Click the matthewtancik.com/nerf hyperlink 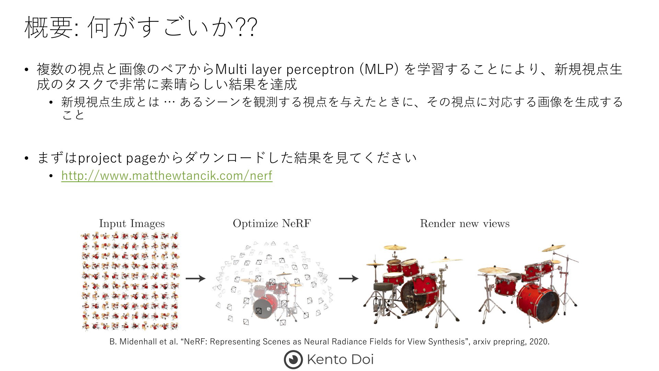click(x=167, y=176)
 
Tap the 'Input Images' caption click(x=132, y=224)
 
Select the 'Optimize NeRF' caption click(x=272, y=224)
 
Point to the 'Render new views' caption click(x=465, y=224)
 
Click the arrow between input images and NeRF click(x=196, y=278)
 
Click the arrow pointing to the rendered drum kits click(x=349, y=278)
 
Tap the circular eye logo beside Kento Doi click(x=293, y=360)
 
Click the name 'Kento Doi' click(x=340, y=360)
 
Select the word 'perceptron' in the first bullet click(x=320, y=70)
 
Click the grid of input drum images click(x=130, y=281)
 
